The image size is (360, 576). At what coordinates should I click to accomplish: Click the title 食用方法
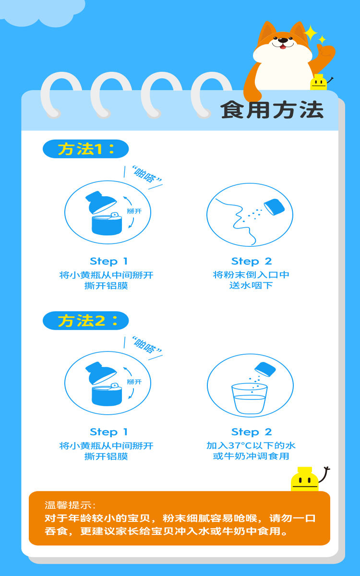click(272, 110)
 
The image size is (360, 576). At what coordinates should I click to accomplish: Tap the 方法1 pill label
click(85, 149)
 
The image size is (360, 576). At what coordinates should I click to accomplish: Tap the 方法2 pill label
click(85, 321)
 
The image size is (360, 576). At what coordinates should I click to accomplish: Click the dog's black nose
click(283, 40)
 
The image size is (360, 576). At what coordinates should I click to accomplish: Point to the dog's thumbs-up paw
click(325, 53)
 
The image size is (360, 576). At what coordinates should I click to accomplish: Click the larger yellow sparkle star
click(311, 33)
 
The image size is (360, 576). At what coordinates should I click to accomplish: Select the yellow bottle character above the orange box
click(305, 479)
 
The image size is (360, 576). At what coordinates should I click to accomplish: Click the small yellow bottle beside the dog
click(319, 82)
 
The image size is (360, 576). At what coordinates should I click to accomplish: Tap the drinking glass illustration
click(250, 398)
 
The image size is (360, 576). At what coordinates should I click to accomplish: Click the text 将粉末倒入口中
click(251, 275)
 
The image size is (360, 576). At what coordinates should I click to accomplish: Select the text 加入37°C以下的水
click(251, 445)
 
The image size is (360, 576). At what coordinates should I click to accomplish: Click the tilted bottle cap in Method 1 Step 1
click(101, 202)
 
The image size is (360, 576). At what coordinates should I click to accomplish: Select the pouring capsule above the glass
click(265, 369)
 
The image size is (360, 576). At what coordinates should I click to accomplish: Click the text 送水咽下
click(251, 286)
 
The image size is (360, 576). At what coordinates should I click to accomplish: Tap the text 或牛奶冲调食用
click(251, 456)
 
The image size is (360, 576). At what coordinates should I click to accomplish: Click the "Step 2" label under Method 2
click(252, 432)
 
